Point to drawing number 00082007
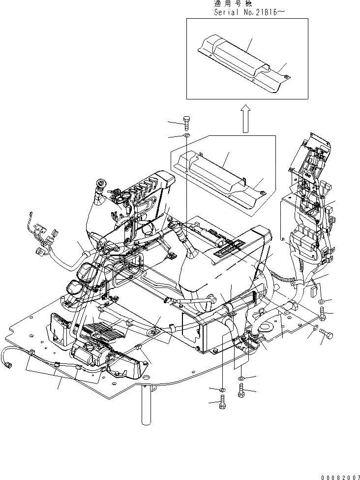(339, 476)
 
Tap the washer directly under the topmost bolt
(186, 135)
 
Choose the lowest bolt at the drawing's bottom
(222, 405)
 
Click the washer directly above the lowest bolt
(222, 390)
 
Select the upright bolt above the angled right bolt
(322, 313)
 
